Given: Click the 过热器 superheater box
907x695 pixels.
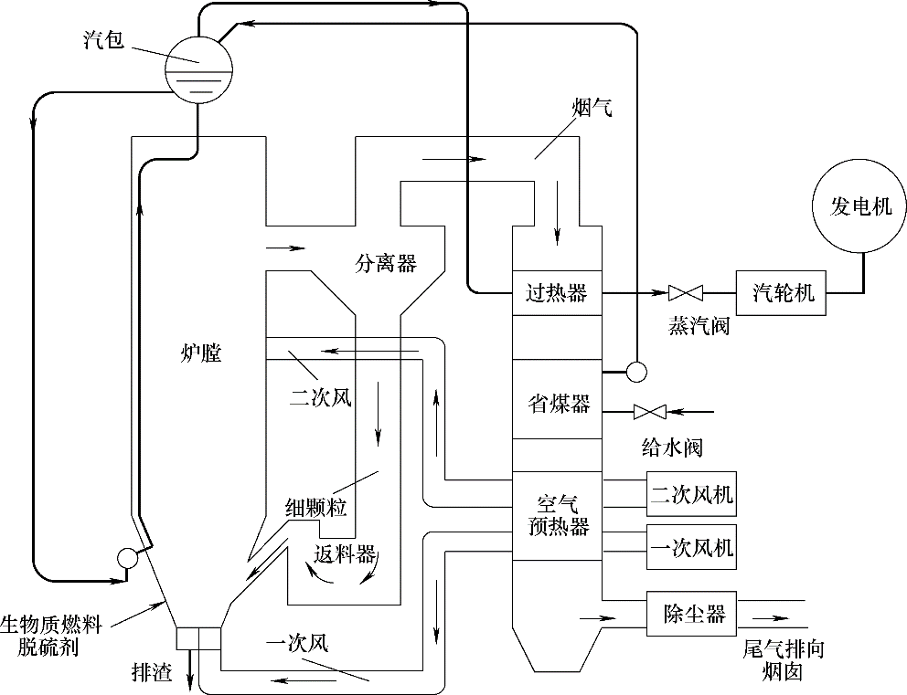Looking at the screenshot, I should pyautogui.click(x=556, y=293).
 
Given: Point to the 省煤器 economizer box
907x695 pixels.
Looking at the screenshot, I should pyautogui.click(x=556, y=403).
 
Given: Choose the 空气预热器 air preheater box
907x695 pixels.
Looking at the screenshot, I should pyautogui.click(x=556, y=516).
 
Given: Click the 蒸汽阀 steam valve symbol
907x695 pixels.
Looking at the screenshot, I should pyautogui.click(x=685, y=293).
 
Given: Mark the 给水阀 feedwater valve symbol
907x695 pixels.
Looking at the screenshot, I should pyautogui.click(x=649, y=411).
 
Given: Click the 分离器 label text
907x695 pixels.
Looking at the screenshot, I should pyautogui.click(x=386, y=264).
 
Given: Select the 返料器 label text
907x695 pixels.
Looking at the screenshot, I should pyautogui.click(x=345, y=554).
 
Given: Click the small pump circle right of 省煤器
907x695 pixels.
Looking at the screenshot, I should pyautogui.click(x=635, y=371).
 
